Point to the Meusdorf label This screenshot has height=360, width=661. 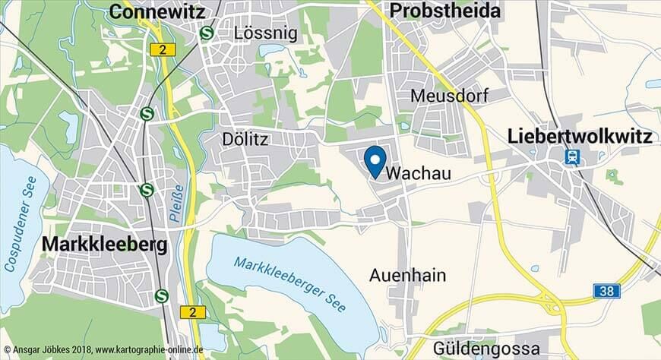[448, 95]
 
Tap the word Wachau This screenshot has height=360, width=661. [419, 174]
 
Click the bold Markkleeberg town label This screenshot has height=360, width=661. [104, 245]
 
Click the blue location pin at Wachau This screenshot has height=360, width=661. [374, 160]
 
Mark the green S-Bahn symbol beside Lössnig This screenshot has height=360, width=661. [206, 33]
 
